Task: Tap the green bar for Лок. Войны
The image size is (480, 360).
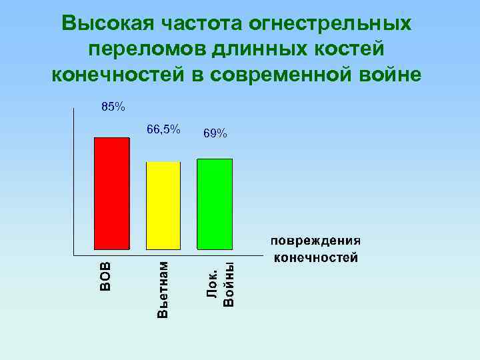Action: tap(215, 203)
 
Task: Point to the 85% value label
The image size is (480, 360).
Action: tap(113, 106)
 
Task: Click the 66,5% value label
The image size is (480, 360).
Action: tap(163, 129)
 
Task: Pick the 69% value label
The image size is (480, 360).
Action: tap(215, 134)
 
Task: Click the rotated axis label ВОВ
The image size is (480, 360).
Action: tap(105, 275)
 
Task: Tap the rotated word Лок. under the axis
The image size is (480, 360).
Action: tap(213, 282)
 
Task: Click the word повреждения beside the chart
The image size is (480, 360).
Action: tap(315, 241)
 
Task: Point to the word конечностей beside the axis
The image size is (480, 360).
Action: tap(315, 257)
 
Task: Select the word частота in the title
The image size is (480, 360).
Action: tap(200, 24)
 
